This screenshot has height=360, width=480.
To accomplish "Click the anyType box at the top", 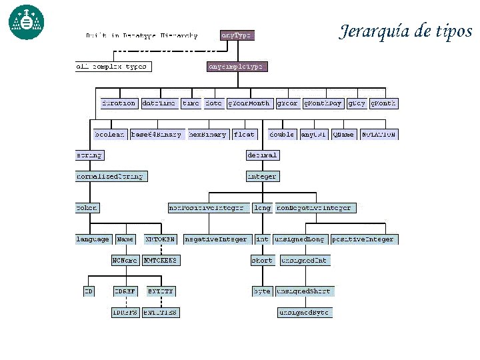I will (x=237, y=35).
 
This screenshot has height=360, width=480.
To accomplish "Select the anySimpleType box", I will (x=237, y=67).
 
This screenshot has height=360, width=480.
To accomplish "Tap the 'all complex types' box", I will (x=112, y=67).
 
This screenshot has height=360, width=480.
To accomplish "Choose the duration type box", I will (x=119, y=103).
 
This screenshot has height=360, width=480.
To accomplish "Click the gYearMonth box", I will (x=249, y=103).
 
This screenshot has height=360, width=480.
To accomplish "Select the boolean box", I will (x=109, y=134).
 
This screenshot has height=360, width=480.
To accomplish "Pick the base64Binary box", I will (x=156, y=134).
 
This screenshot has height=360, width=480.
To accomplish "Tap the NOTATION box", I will (x=379, y=134).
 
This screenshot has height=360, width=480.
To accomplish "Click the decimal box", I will (x=262, y=155).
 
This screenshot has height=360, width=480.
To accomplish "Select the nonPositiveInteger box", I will (x=209, y=208).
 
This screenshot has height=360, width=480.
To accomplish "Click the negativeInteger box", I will (x=216, y=239).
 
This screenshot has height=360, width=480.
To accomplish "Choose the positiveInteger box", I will (x=363, y=239).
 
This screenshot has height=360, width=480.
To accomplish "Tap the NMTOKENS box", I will (x=160, y=260).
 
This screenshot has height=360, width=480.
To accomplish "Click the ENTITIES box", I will (x=161, y=312).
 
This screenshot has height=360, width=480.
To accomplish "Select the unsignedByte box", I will (x=304, y=312).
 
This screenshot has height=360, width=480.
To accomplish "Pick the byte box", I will (x=261, y=291).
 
